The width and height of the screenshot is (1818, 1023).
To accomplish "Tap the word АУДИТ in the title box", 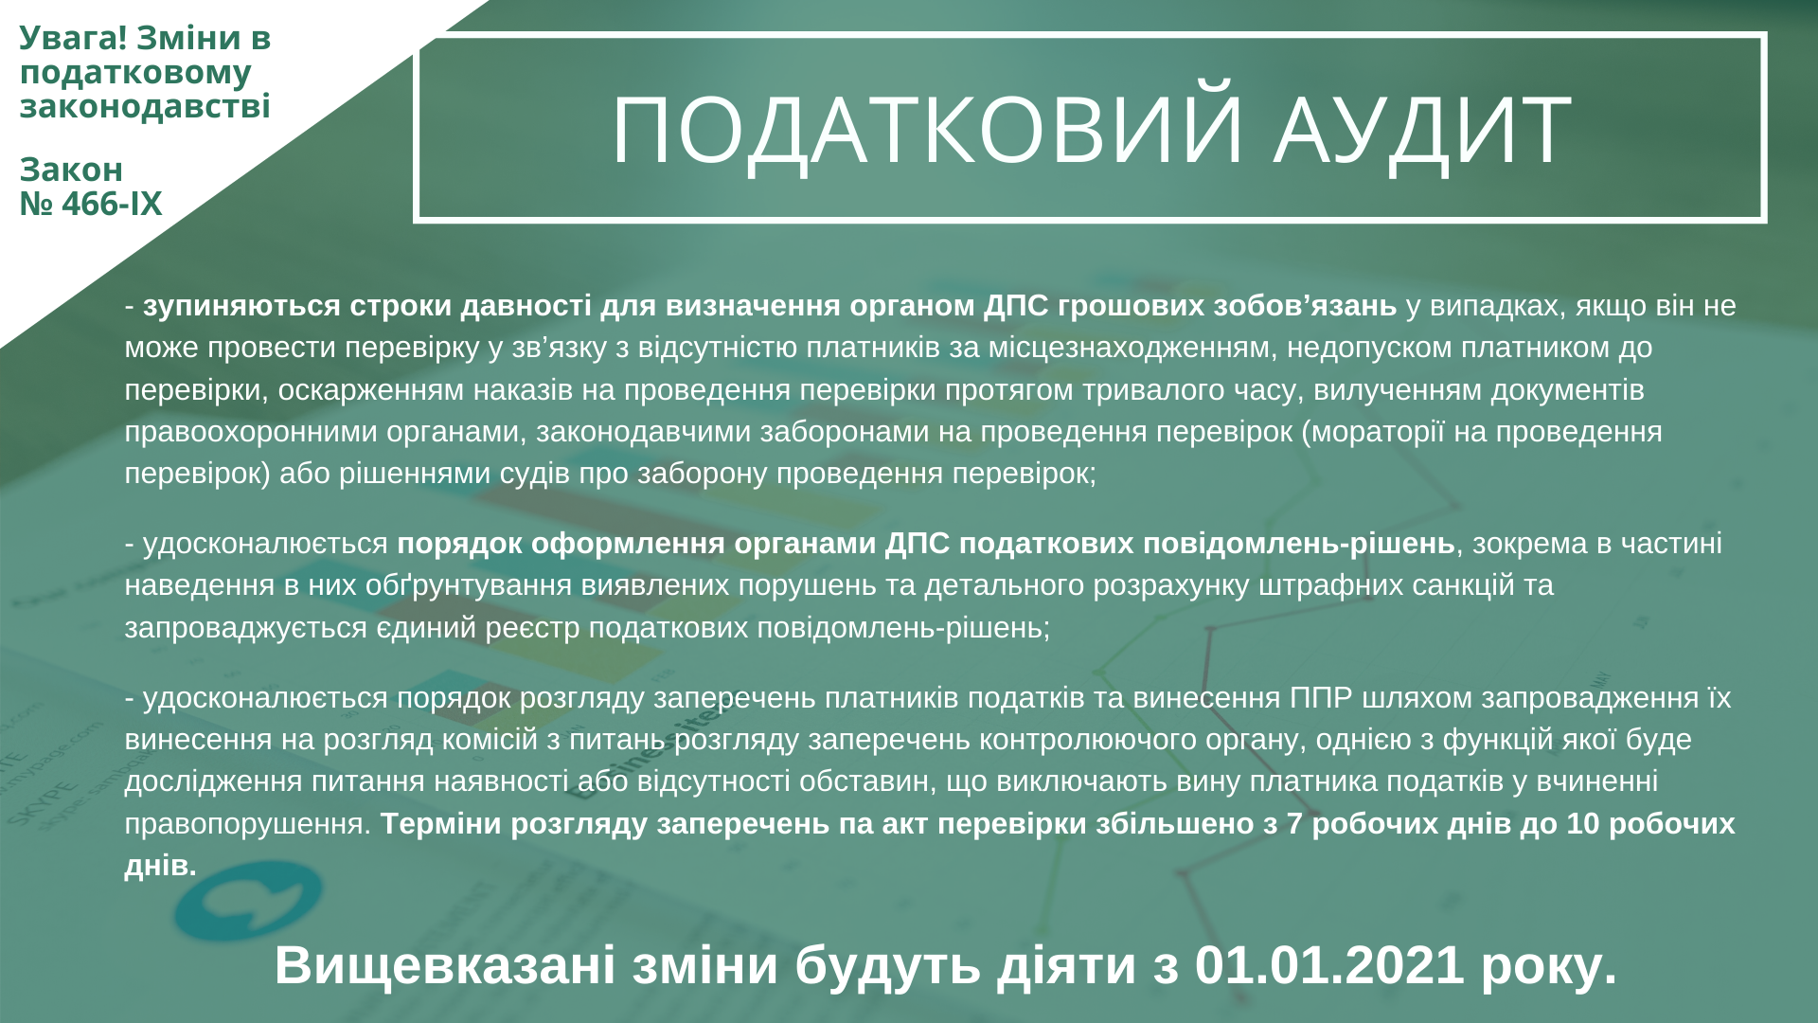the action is (x=1423, y=130).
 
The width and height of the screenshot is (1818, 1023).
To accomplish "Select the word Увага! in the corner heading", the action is (x=73, y=38).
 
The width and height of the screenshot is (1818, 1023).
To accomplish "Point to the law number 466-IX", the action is (x=112, y=204).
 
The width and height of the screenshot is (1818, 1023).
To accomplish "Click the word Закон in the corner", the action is (x=71, y=170).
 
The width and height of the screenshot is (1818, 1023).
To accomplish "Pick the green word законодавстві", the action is (x=145, y=105).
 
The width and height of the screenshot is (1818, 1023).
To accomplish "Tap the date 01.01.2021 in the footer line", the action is (x=1329, y=964).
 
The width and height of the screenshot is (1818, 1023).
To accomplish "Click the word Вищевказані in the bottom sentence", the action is (x=445, y=964).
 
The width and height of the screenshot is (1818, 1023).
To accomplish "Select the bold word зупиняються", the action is (x=241, y=306).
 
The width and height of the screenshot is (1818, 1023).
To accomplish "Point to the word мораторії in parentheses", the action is (x=1370, y=432).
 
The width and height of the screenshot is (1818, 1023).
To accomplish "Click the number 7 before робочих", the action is (x=1294, y=824).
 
